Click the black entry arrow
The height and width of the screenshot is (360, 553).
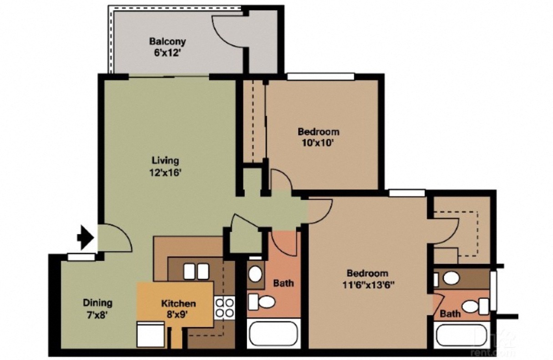86,237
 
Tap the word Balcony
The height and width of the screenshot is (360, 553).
167,41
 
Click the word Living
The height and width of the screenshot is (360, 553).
165,161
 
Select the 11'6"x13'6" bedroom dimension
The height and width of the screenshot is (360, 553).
367,285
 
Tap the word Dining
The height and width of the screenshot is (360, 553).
97,303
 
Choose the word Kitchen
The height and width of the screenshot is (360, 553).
178,304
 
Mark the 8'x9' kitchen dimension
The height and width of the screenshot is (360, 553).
178,314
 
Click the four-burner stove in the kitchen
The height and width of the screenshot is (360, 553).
224,307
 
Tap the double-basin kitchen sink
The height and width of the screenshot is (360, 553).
196,271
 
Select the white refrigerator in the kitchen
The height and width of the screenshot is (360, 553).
151,335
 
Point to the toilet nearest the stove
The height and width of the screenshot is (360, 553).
262,301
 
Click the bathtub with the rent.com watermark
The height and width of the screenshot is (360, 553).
461,336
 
